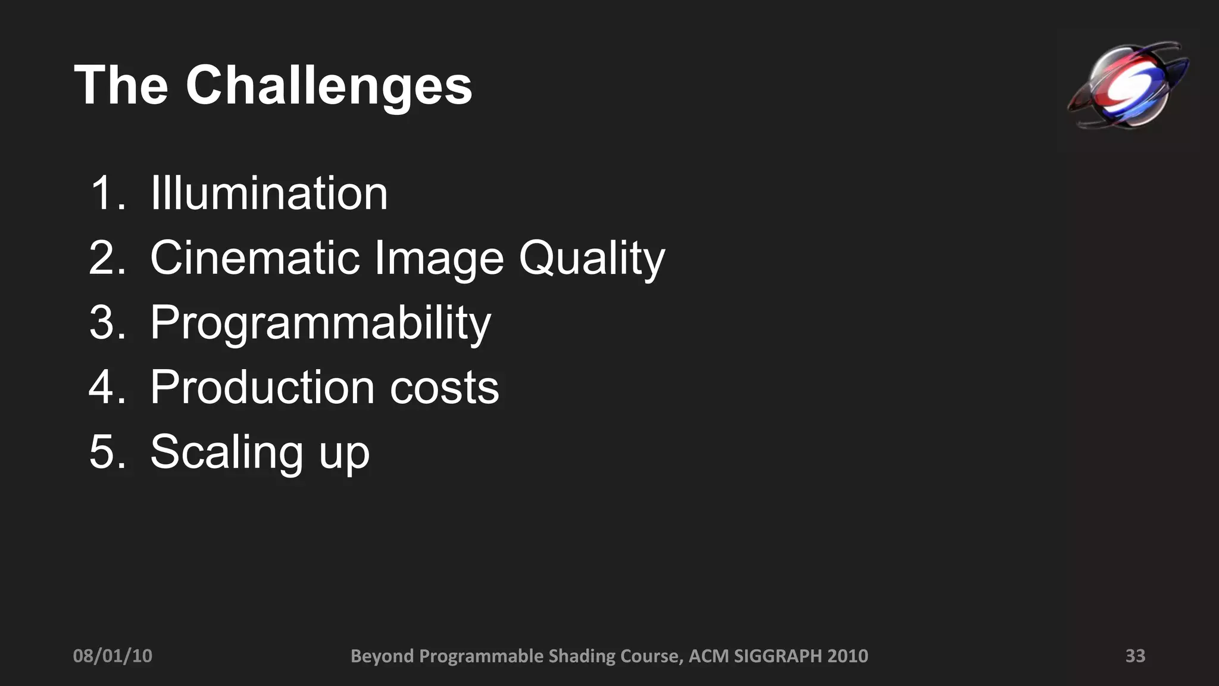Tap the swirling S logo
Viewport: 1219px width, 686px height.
click(x=1127, y=85)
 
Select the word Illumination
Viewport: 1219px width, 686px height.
click(x=269, y=193)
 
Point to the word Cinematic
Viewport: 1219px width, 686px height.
click(x=255, y=258)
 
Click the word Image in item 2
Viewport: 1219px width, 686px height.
click(x=439, y=259)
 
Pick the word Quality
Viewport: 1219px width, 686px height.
click(x=592, y=259)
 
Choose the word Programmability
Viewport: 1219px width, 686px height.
click(x=320, y=323)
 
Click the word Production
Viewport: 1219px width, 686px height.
click(x=262, y=387)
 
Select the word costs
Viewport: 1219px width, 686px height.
click(x=444, y=388)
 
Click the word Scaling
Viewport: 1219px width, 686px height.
click(x=227, y=453)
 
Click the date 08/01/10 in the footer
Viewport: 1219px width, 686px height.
click(x=112, y=656)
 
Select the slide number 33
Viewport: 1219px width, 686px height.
click(x=1135, y=656)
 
